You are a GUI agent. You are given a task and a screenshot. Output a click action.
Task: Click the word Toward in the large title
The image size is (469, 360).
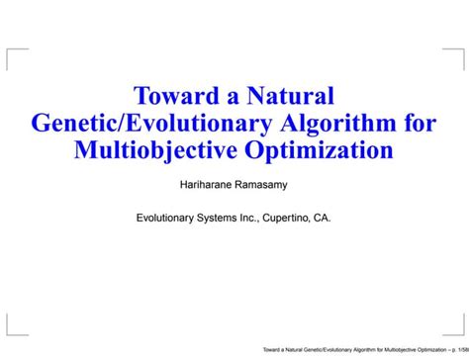(x=175, y=97)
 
